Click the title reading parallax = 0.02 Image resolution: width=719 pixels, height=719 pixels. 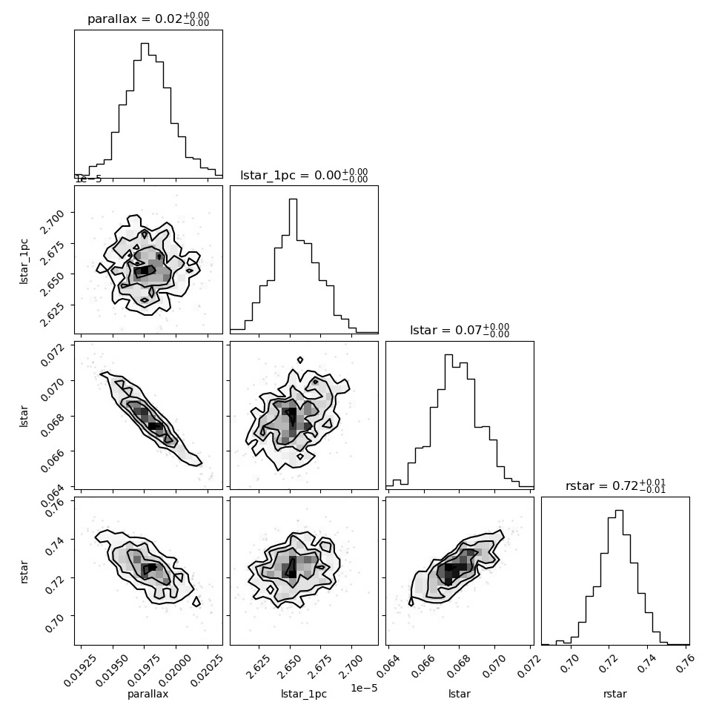point(148,19)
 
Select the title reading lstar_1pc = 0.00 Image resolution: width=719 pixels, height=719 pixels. point(304,175)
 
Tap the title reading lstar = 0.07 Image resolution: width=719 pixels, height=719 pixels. point(460,330)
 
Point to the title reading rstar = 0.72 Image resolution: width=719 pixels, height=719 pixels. point(615,486)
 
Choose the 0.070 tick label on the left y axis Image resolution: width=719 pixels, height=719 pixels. point(52,390)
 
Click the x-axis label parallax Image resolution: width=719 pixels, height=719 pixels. point(148,695)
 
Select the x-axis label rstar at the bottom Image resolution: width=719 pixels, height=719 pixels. point(615,694)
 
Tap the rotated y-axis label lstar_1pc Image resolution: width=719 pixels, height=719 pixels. point(24,262)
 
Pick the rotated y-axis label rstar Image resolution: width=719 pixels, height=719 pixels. point(24,571)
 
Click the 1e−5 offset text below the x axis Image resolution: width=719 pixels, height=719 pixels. point(364,687)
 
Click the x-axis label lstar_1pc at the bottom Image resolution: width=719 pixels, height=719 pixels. point(304,695)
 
